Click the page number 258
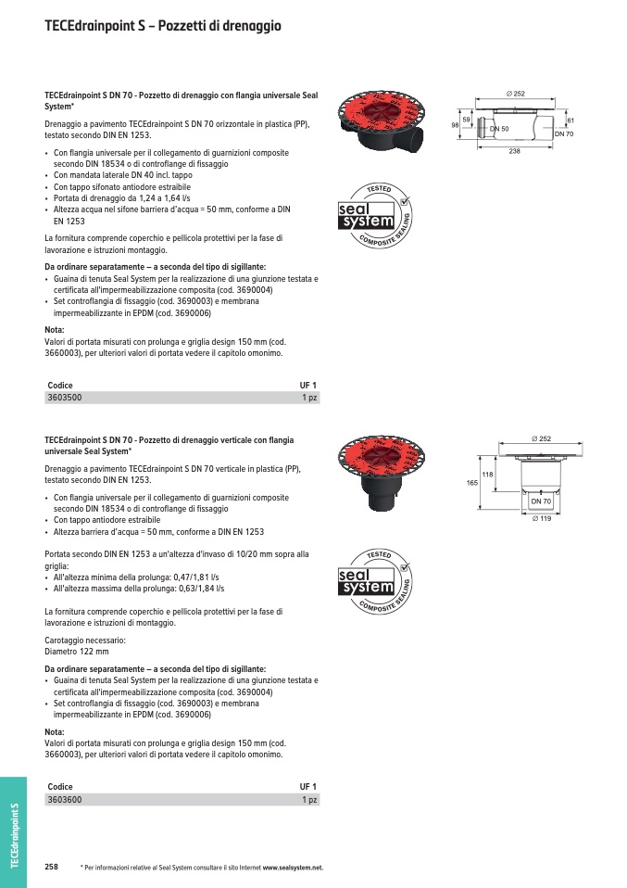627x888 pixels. [x=51, y=867]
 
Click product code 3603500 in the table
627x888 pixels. [x=64, y=398]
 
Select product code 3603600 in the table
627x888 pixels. [x=64, y=799]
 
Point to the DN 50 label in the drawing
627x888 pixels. [x=500, y=128]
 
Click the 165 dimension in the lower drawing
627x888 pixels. [x=471, y=483]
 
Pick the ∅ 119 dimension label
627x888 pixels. [x=542, y=517]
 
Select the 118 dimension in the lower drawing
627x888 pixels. [x=488, y=474]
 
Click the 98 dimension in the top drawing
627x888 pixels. [x=456, y=123]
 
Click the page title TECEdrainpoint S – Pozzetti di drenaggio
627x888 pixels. [x=163, y=27]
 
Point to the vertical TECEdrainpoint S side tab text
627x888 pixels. [x=14, y=834]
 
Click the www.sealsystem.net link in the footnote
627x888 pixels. [x=292, y=868]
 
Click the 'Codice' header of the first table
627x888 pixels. [x=60, y=385]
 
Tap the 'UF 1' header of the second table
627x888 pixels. [x=307, y=786]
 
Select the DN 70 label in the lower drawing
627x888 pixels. [x=542, y=501]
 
